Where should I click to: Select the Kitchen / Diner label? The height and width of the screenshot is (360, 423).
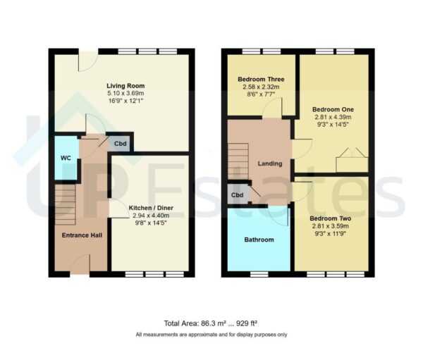pos(151,208)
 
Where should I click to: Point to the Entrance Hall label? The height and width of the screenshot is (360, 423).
pos(79,235)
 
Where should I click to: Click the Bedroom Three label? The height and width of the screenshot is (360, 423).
pos(261,80)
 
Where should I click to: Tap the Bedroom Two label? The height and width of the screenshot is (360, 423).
pos(331,218)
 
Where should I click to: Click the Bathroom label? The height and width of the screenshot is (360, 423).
pos(259,240)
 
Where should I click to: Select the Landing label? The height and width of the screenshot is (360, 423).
pos(270,163)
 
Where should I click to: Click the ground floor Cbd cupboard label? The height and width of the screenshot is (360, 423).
pos(121,143)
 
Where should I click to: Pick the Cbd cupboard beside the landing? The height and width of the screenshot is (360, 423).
pos(237,195)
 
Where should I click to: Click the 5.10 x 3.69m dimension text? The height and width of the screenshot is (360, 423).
pos(125,93)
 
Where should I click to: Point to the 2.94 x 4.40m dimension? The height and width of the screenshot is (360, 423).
pos(151,216)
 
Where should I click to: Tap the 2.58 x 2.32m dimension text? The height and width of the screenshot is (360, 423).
pos(261,87)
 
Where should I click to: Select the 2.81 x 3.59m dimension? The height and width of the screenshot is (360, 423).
pos(331,226)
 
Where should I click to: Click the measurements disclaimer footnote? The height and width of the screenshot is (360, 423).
pos(211,334)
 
